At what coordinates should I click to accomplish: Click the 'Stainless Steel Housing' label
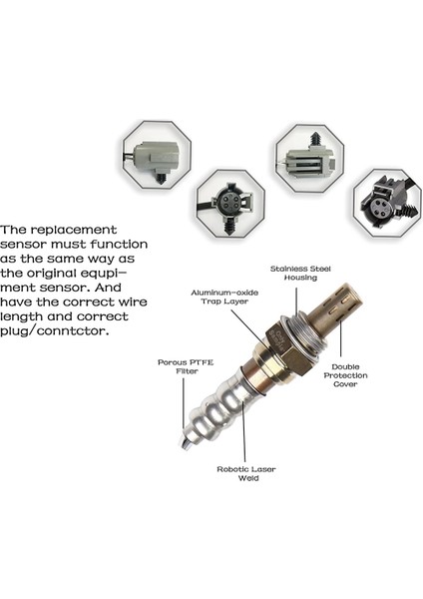(x=300, y=274)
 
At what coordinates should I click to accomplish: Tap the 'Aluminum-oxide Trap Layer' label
(x=224, y=297)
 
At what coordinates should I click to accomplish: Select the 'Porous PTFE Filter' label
(x=186, y=366)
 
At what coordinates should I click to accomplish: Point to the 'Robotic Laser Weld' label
(x=246, y=473)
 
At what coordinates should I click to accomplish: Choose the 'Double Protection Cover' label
(x=345, y=375)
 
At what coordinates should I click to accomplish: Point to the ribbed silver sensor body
(x=215, y=408)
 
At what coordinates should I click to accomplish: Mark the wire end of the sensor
(x=185, y=443)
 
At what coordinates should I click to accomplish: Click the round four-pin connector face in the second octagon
(x=229, y=201)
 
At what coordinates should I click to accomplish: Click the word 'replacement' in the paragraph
(x=74, y=231)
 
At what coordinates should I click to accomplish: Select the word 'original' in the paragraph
(x=49, y=274)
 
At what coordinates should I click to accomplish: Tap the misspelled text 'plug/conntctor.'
(x=54, y=330)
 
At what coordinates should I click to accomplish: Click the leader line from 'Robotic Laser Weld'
(x=243, y=431)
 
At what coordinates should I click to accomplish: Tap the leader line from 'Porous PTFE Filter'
(x=184, y=402)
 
